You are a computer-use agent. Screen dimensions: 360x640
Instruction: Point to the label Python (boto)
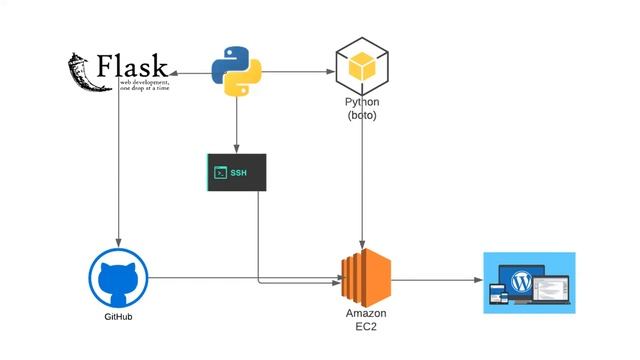[360, 109]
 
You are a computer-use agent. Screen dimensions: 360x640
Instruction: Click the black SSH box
[237, 172]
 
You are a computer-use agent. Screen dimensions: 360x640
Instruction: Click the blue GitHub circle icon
[118, 278]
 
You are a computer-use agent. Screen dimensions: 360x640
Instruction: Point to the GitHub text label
[118, 317]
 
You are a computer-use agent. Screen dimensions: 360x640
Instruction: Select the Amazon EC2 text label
[361, 320]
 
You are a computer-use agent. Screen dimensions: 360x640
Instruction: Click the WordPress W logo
[521, 282]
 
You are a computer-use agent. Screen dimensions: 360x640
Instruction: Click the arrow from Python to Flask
[190, 73]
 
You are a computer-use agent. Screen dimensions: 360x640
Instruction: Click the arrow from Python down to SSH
[237, 125]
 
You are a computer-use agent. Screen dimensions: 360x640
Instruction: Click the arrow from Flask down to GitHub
[118, 170]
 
